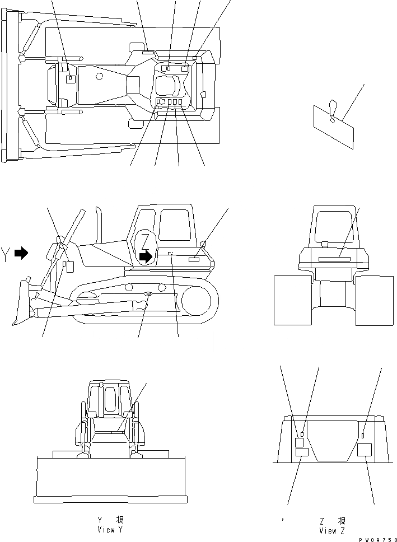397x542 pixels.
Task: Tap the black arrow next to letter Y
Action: [21, 254]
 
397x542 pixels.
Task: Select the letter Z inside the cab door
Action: [145, 239]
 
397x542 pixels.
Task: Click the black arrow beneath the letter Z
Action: [146, 256]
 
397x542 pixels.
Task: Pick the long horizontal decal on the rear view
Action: [334, 259]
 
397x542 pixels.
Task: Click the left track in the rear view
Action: [292, 300]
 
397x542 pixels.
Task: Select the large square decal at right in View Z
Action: [365, 449]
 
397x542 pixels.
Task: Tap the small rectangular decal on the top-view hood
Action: [70, 80]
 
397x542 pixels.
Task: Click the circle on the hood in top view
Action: [99, 75]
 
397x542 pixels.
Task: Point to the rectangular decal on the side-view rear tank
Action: [194, 260]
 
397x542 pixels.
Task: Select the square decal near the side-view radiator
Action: [70, 266]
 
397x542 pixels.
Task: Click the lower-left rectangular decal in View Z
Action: [301, 452]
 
